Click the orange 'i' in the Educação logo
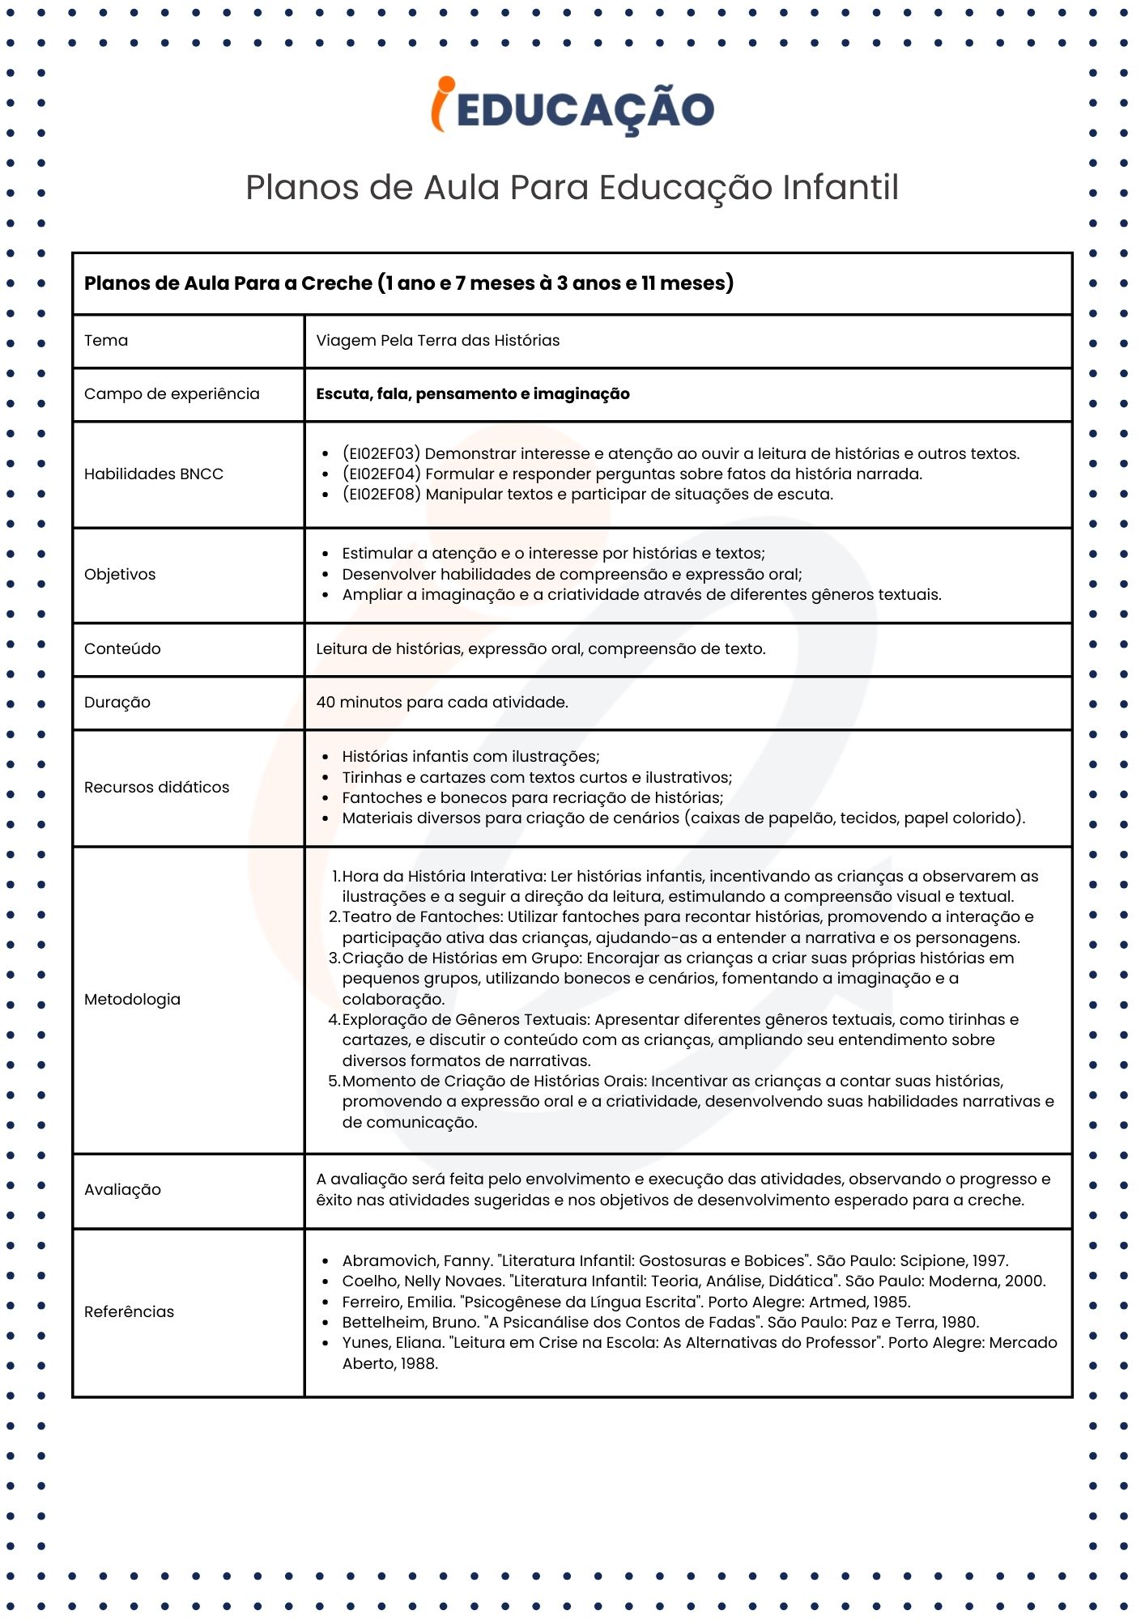441,105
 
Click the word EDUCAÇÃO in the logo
585,110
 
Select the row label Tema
106,341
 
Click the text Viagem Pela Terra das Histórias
437,341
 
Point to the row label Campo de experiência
172,394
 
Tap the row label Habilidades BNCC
154,474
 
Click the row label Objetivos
120,575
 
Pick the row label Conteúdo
122,649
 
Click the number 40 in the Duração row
326,703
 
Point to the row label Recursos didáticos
156,788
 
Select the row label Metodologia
132,1000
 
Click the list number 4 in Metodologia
334,1020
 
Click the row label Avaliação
122,1190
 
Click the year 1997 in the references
989,1261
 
